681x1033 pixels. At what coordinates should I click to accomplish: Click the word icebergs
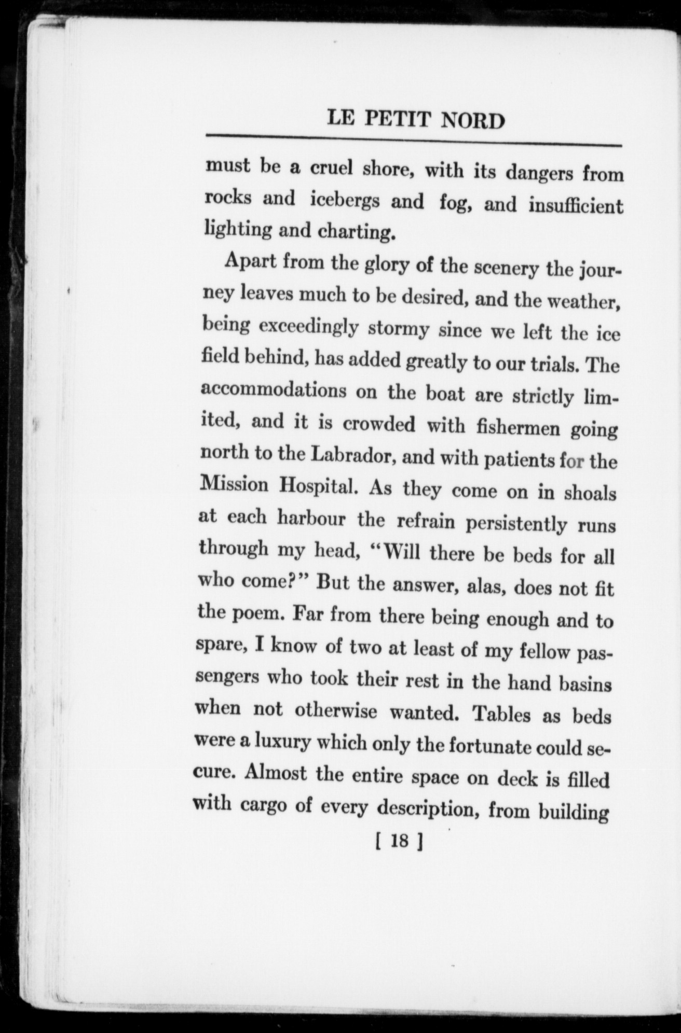tap(352, 201)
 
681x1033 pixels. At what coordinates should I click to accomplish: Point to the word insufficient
tap(576, 206)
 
